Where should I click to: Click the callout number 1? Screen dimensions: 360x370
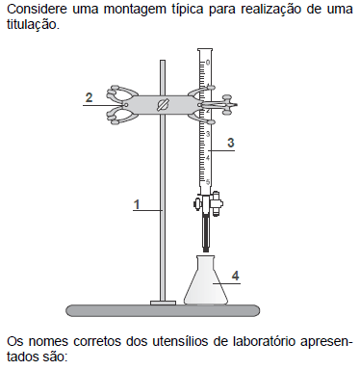tap(137, 204)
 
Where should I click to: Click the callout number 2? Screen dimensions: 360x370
tap(89, 97)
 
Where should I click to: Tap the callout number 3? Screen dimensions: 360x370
tap(230, 143)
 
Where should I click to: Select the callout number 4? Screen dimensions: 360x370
tap(236, 276)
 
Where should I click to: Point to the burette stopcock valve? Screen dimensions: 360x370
tap(208, 204)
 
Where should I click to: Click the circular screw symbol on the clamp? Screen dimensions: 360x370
tap(163, 105)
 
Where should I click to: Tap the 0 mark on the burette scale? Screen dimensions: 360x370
tap(208, 63)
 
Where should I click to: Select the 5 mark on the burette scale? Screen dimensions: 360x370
tap(208, 182)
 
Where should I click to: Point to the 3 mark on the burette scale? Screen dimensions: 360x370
tap(208, 134)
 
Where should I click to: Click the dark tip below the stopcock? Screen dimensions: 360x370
tap(205, 234)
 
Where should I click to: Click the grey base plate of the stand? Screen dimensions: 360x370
tap(163, 310)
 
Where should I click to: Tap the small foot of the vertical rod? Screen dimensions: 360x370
tap(163, 303)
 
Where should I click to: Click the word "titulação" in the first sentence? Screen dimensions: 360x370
tap(33, 25)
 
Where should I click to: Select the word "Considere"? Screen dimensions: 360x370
tap(37, 9)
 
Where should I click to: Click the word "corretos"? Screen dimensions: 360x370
tap(97, 342)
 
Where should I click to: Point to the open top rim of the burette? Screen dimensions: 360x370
tap(205, 50)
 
